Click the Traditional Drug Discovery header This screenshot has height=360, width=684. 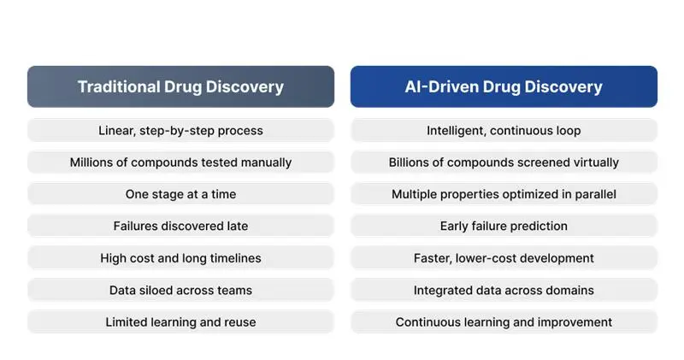180,86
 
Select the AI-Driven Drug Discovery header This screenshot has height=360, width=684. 504,86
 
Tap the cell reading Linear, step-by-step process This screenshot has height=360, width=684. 180,131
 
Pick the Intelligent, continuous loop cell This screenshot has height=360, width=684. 504,131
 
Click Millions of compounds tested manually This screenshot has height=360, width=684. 180,162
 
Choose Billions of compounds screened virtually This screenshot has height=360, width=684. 504,162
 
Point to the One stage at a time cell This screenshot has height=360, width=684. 180,194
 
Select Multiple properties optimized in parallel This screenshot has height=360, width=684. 504,194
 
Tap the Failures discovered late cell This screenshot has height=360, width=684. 180,227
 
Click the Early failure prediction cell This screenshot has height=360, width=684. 504,227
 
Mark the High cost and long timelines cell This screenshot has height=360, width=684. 180,258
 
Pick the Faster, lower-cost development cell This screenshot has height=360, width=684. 504,258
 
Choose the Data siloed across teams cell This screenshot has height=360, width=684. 180,290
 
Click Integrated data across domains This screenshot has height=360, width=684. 504,290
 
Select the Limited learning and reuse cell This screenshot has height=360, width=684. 180,322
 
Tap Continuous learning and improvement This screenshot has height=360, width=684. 504,322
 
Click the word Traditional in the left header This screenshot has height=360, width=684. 118,86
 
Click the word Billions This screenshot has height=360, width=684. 411,162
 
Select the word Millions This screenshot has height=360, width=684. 92,162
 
